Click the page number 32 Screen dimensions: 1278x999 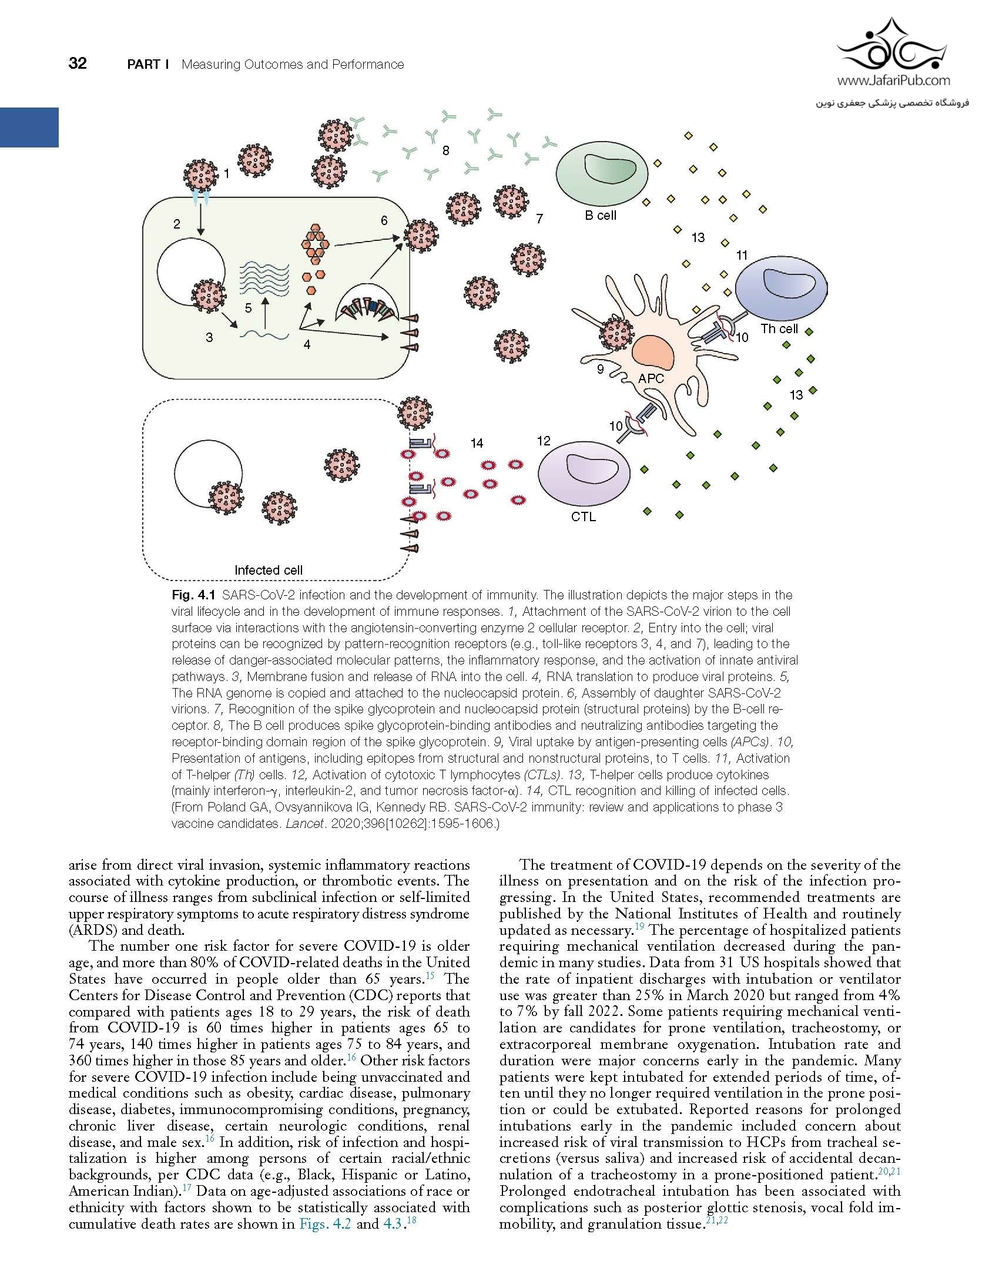click(x=78, y=63)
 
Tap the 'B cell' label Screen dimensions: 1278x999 click(x=600, y=216)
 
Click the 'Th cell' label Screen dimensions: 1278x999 click(x=779, y=328)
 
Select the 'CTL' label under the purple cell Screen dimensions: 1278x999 click(x=583, y=517)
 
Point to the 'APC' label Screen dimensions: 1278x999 click(x=651, y=378)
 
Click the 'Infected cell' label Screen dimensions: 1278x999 click(x=269, y=570)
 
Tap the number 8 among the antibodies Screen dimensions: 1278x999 click(x=445, y=150)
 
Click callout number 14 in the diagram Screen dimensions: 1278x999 click(x=477, y=443)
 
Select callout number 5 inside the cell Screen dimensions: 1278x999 click(x=248, y=308)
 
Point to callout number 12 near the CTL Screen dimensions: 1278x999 click(x=544, y=440)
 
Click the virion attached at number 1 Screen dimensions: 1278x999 click(x=200, y=175)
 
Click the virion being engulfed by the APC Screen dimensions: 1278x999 click(x=616, y=334)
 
